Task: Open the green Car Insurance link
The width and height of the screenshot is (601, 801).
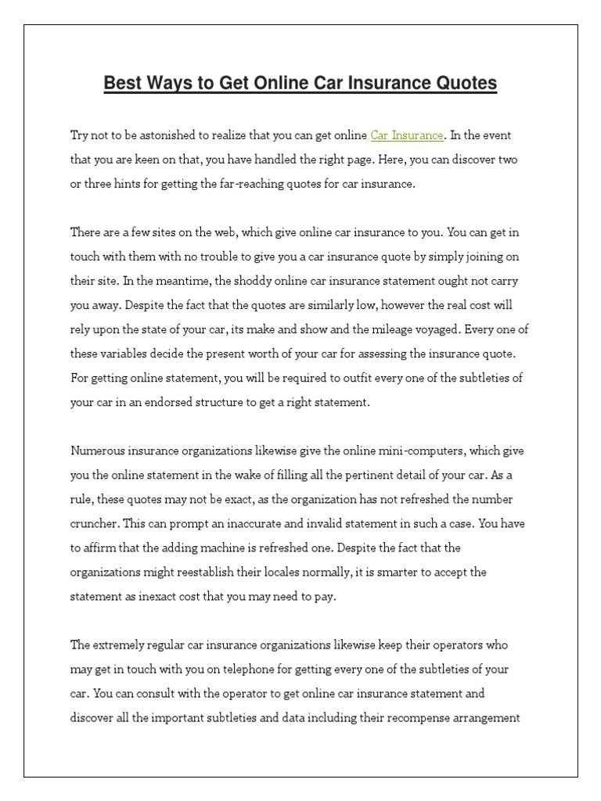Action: coord(407,135)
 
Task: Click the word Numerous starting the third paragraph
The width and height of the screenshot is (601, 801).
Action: coord(98,451)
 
